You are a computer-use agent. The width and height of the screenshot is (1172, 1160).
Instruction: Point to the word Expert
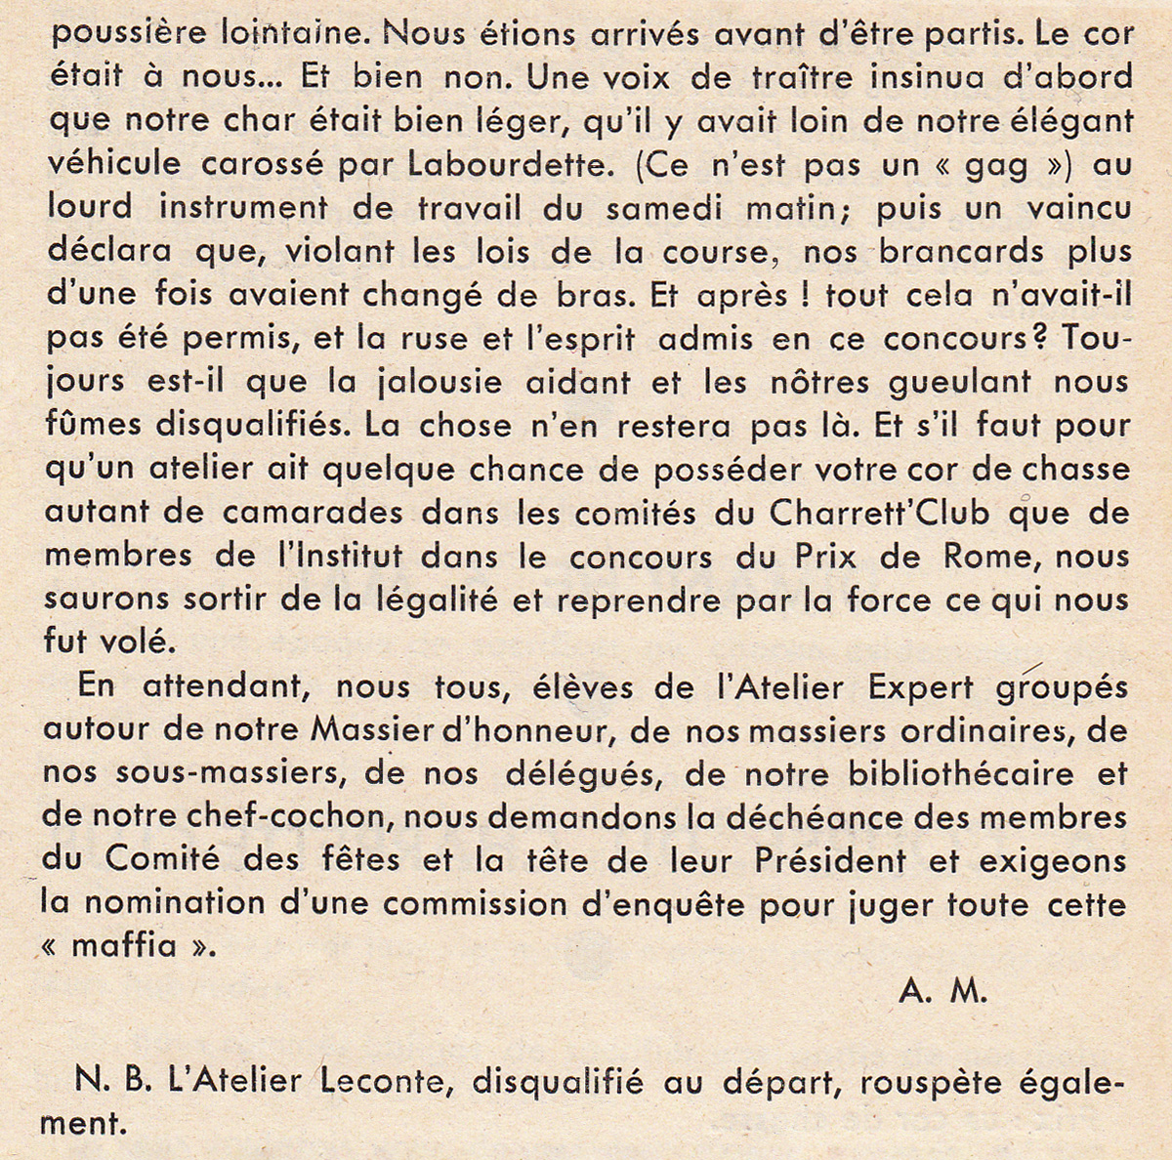pos(921,686)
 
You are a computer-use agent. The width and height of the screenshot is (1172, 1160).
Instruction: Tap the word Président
pos(830,861)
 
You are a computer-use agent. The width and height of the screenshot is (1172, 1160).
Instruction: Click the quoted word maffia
pos(124,946)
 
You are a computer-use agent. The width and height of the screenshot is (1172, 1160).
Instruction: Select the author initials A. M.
pos(942,992)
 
